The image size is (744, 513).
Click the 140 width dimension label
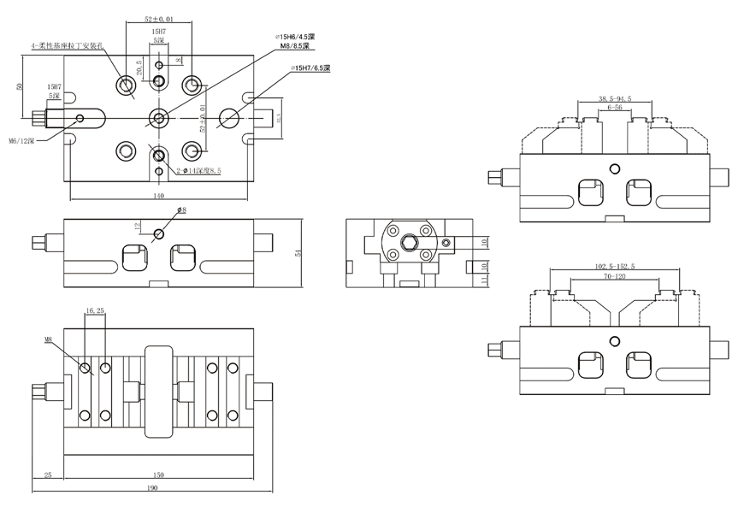158,195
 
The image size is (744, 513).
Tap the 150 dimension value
158,475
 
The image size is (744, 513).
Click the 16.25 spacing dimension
95,310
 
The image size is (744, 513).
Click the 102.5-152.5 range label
614,267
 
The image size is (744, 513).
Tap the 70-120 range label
614,277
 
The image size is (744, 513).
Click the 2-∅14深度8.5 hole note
199,171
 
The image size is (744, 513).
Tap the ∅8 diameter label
181,209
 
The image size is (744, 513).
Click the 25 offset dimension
48,475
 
